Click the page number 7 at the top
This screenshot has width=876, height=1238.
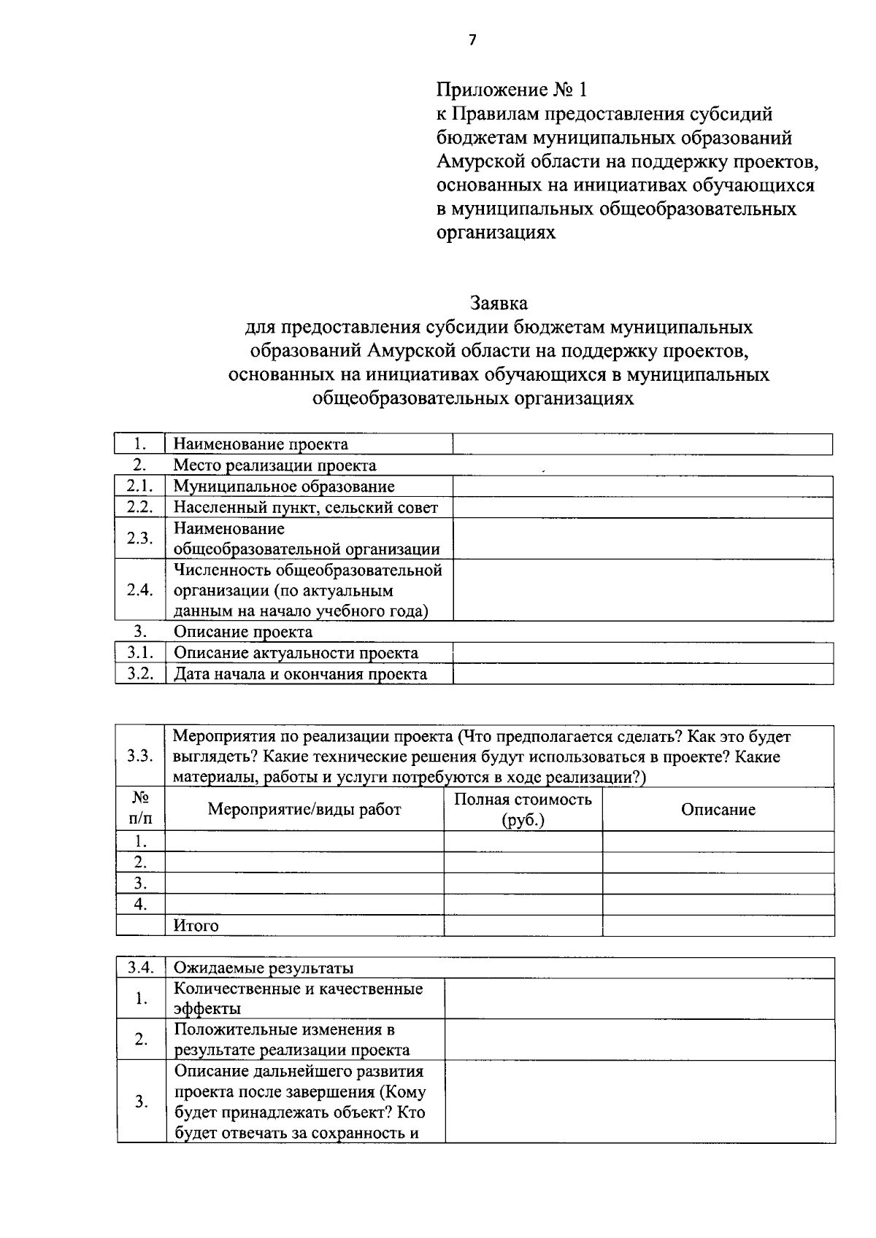[472, 40]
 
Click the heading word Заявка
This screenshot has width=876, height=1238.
[499, 302]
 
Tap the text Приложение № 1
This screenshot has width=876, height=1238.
[511, 90]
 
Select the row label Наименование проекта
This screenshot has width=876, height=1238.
[260, 444]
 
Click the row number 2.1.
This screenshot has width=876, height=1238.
[139, 487]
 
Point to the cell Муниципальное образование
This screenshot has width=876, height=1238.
[283, 487]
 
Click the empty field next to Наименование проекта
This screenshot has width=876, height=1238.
[642, 444]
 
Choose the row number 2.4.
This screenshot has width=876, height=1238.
[139, 590]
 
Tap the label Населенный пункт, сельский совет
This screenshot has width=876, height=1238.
[305, 508]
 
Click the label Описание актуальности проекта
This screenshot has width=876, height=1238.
[296, 653]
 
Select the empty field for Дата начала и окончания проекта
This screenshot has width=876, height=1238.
[642, 674]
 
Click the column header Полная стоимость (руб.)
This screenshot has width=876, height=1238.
[523, 809]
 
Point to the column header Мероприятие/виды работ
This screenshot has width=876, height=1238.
[304, 809]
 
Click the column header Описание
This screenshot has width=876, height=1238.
[718, 809]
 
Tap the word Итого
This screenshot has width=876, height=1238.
[196, 926]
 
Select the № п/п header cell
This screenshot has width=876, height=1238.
[140, 809]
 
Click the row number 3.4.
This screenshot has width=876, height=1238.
[140, 968]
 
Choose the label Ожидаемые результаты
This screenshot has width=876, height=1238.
[263, 968]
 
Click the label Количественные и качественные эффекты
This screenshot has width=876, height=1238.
[298, 999]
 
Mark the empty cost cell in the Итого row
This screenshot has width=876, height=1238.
[523, 926]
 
